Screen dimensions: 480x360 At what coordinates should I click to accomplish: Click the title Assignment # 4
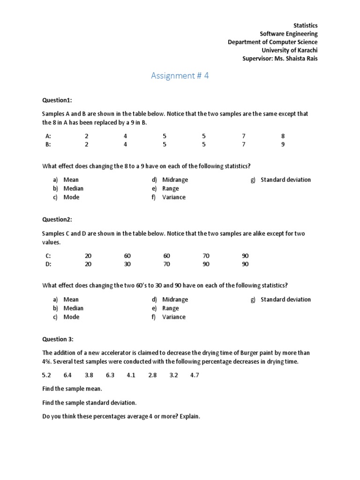coord(180,76)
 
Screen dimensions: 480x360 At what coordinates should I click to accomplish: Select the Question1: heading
coord(57,100)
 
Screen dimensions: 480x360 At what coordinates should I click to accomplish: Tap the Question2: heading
coord(57,219)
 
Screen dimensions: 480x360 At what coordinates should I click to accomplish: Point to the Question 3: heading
coord(58,339)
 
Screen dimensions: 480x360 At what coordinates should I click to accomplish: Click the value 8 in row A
coord(283,136)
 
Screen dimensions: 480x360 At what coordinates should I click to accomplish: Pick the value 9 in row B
coord(283,144)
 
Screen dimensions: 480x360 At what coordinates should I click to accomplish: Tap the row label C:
coord(48,256)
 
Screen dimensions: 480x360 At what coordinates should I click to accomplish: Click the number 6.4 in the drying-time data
coord(67,375)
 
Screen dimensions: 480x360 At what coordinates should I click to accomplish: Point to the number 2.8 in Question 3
coord(152,375)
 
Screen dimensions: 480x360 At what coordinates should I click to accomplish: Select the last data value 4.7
coord(195,375)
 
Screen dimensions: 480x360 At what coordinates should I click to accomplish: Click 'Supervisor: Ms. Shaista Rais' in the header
coord(280,59)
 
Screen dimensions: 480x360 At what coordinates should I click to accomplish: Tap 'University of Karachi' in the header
coord(289,50)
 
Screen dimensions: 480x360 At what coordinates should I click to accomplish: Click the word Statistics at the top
coord(305,25)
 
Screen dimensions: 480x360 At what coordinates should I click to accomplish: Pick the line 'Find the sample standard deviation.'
coord(90,403)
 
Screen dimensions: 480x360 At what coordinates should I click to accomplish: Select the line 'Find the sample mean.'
coord(72,389)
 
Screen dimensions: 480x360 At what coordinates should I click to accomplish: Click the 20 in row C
coord(88,256)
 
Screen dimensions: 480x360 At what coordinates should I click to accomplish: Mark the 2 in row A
coord(86,136)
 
